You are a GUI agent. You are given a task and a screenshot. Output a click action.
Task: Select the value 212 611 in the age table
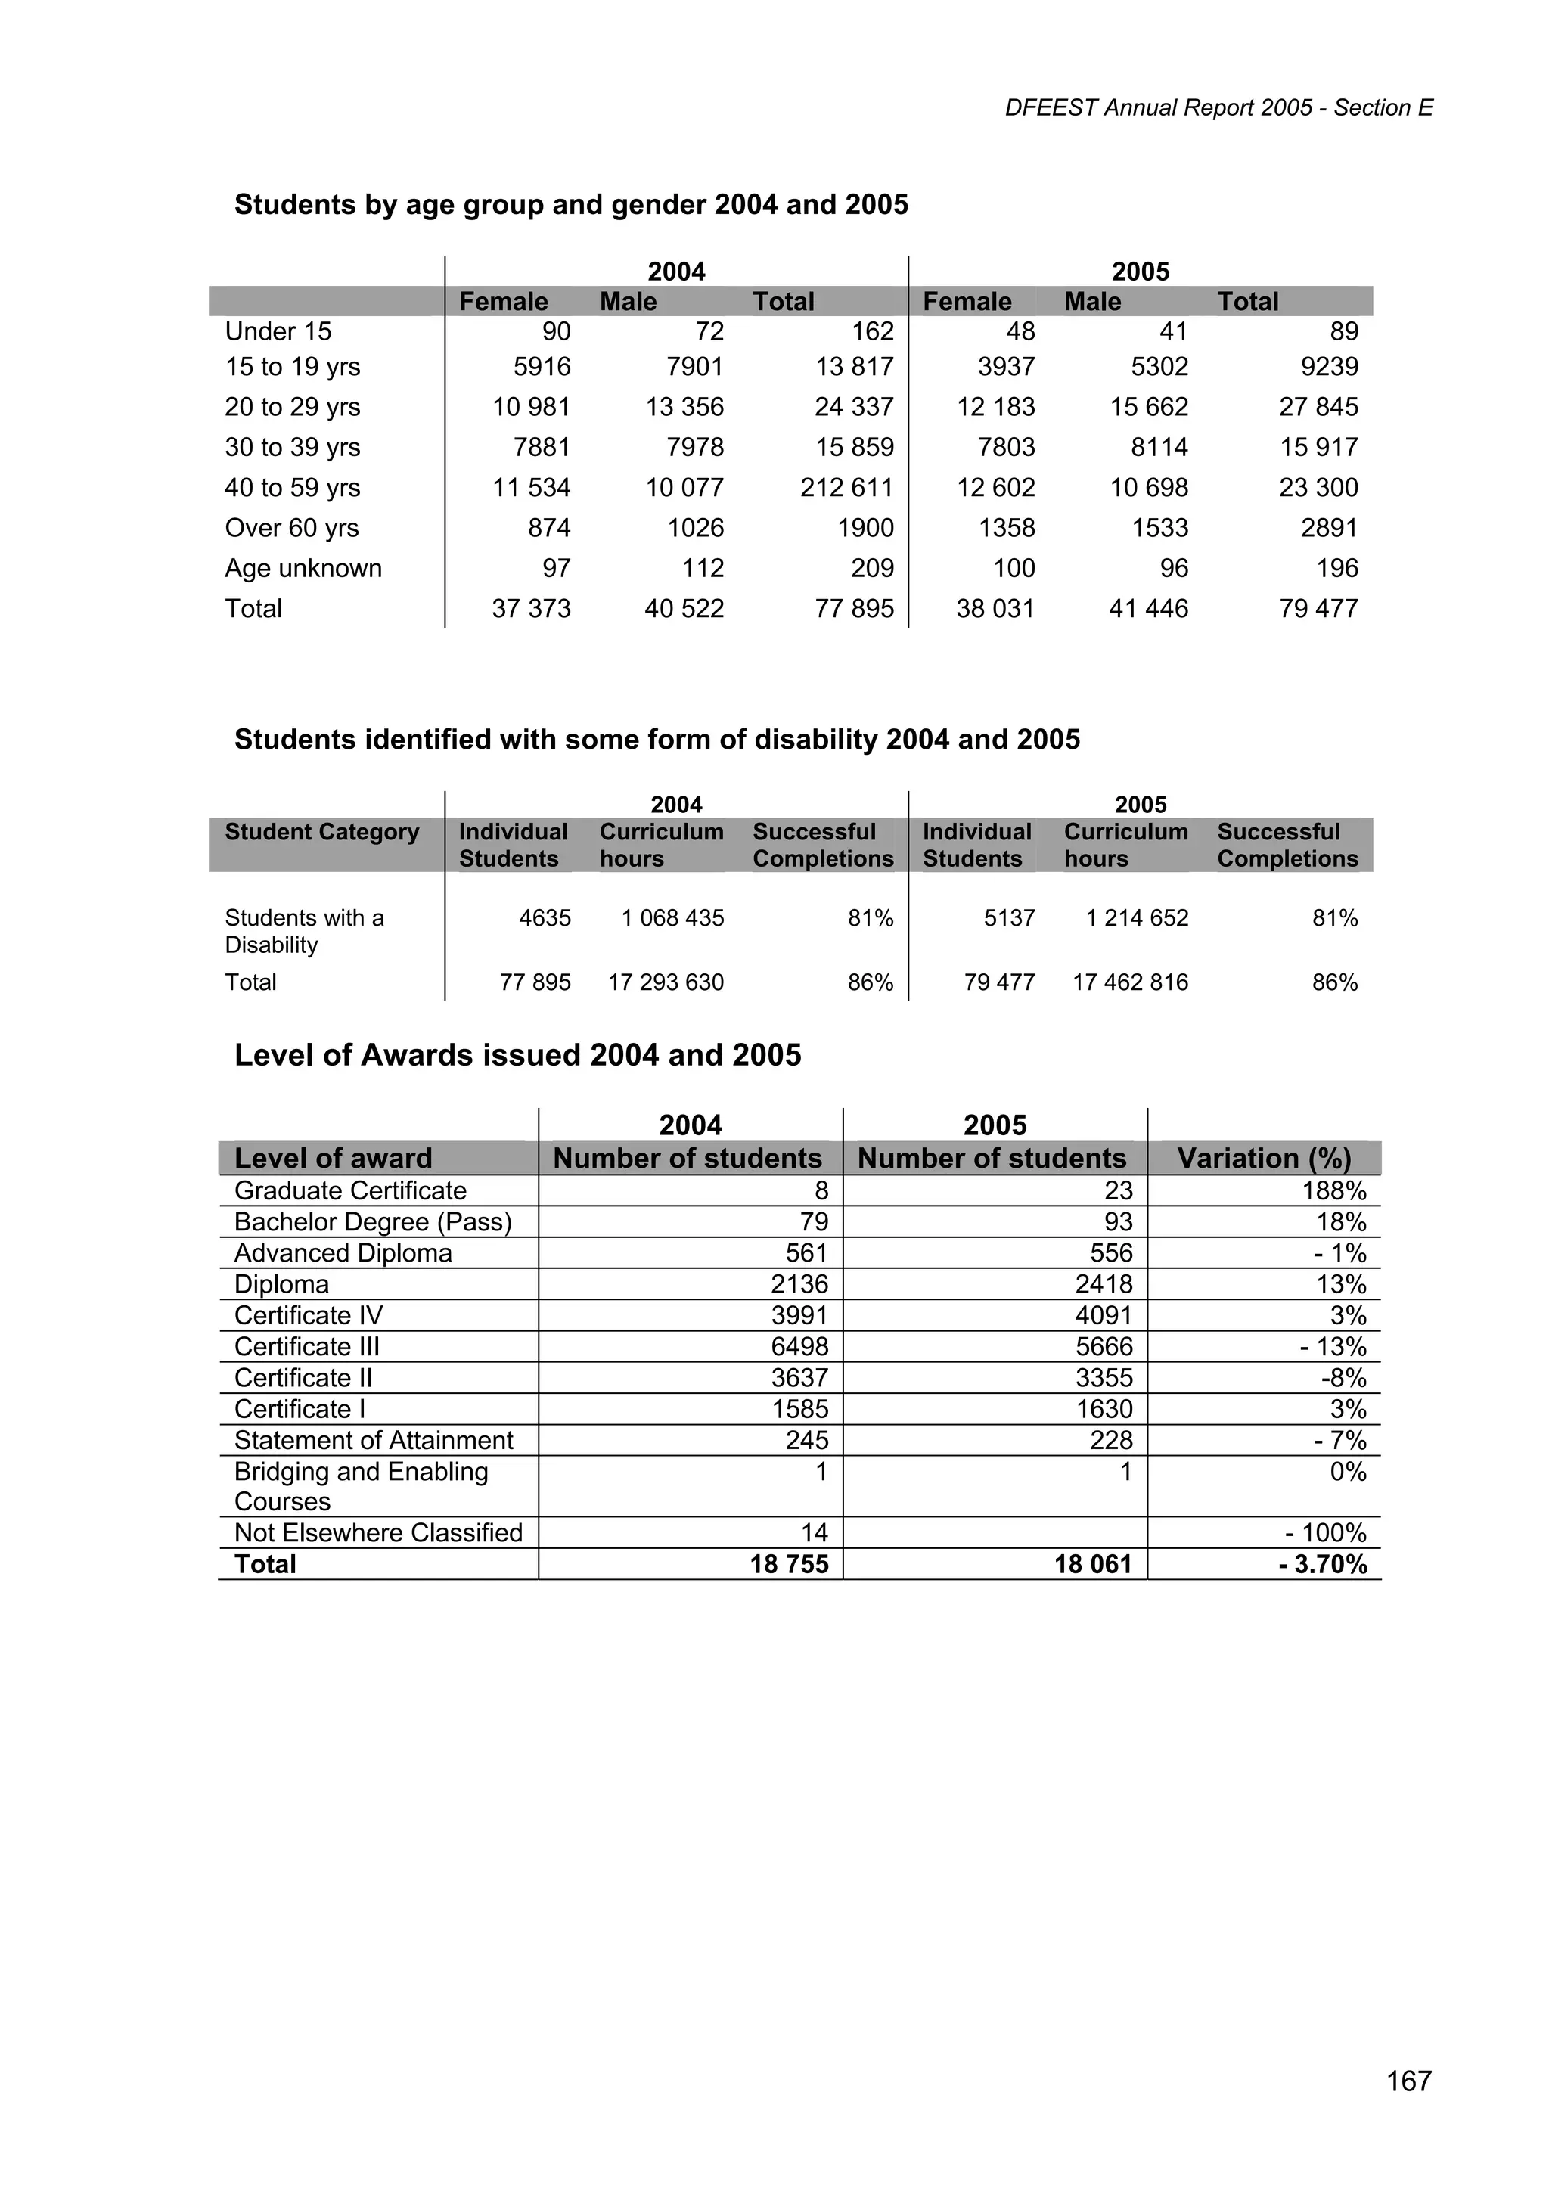(846, 488)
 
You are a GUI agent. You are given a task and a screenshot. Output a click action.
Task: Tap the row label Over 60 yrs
(291, 528)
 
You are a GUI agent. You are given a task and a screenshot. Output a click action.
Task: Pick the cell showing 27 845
(1318, 407)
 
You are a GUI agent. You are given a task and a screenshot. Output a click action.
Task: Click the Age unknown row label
(303, 568)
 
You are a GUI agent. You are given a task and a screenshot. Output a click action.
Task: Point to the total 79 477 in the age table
(1318, 608)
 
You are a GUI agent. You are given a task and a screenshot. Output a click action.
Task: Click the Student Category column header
(321, 832)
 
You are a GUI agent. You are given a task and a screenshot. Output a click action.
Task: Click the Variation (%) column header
(1264, 1159)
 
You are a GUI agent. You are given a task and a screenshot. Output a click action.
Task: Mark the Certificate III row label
(306, 1346)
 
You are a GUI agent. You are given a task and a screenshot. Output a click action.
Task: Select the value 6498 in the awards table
(799, 1346)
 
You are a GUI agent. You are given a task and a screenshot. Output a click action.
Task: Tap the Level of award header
(333, 1159)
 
